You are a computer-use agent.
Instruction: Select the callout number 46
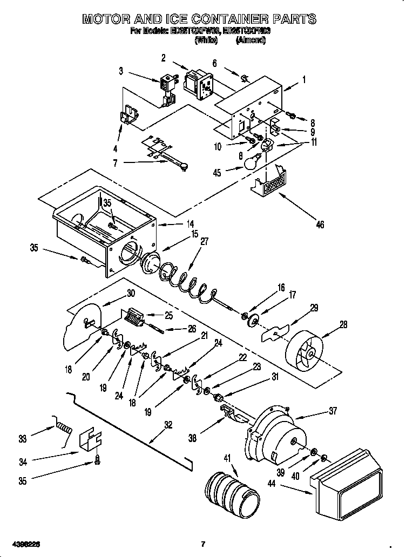[x=320, y=225]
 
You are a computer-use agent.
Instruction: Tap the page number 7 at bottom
[x=203, y=542]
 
